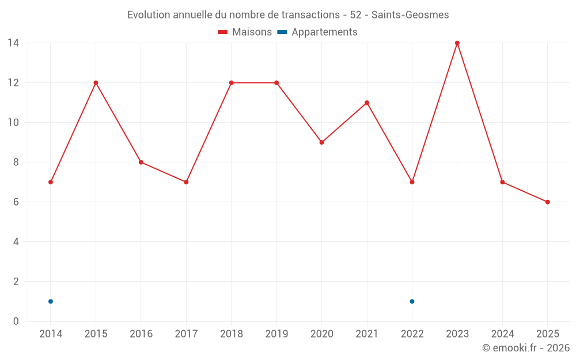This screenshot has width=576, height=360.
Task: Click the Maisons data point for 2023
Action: pyautogui.click(x=457, y=43)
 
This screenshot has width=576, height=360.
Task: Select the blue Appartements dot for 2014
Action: pyautogui.click(x=51, y=302)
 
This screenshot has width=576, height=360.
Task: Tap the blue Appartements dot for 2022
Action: pyautogui.click(x=412, y=302)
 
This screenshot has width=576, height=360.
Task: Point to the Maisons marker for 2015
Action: pyautogui.click(x=96, y=82)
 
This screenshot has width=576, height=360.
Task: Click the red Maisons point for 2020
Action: pyautogui.click(x=322, y=142)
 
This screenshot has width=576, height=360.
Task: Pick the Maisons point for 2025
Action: pyautogui.click(x=548, y=202)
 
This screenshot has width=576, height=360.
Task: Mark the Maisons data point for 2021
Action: pyautogui.click(x=367, y=103)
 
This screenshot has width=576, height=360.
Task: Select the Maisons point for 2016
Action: pyautogui.click(x=141, y=162)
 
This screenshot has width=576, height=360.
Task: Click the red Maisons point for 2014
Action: pyautogui.click(x=51, y=182)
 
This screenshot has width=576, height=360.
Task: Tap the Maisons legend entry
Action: pyautogui.click(x=245, y=32)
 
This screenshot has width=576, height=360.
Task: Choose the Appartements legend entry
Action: pyautogui.click(x=317, y=32)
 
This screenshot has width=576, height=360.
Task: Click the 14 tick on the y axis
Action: pyautogui.click(x=13, y=43)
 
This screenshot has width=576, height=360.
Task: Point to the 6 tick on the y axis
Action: pyautogui.click(x=16, y=202)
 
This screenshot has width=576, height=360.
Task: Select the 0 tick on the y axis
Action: pyautogui.click(x=16, y=321)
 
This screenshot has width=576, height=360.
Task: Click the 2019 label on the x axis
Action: pyautogui.click(x=276, y=334)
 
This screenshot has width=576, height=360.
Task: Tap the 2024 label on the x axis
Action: pyautogui.click(x=502, y=334)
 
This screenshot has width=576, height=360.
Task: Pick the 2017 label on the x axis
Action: pyautogui.click(x=186, y=334)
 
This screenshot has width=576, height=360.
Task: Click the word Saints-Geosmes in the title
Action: pyautogui.click(x=410, y=15)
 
